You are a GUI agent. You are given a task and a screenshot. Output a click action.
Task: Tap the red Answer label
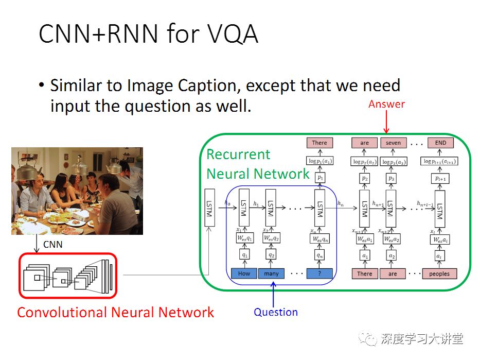click(x=386, y=104)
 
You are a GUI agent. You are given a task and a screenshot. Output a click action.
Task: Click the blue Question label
click(x=276, y=312)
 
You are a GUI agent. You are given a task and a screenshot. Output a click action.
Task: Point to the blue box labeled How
click(x=244, y=273)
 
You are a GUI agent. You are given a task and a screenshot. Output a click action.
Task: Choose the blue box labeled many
click(x=271, y=273)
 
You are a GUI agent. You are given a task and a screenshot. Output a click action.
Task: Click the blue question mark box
click(x=320, y=273)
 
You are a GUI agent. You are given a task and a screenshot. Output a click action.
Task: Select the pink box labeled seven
click(x=393, y=143)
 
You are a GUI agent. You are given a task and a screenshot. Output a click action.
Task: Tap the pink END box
click(x=440, y=143)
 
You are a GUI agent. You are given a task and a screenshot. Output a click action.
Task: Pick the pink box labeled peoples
click(x=439, y=273)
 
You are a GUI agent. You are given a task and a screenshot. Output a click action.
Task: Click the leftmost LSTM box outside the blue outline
click(x=209, y=208)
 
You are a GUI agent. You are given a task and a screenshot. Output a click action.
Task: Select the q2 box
click(x=271, y=255)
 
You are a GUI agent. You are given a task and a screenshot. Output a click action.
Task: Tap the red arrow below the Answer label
click(x=386, y=124)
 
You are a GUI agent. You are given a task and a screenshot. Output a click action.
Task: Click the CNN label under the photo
click(x=52, y=244)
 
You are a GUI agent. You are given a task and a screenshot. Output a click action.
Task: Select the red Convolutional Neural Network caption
click(x=115, y=312)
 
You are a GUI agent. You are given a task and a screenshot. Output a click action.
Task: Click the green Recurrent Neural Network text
click(x=257, y=164)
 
